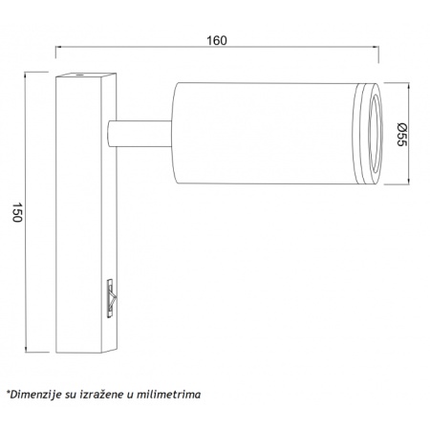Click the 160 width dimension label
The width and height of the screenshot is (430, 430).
217,41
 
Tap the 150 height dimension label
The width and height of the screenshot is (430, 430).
17,212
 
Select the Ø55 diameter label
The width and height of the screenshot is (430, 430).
402,135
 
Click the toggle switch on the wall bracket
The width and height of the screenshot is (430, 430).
112,298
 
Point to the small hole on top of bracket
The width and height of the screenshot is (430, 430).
78,75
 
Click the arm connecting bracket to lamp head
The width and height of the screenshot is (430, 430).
140,134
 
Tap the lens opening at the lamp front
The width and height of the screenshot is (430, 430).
375,134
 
